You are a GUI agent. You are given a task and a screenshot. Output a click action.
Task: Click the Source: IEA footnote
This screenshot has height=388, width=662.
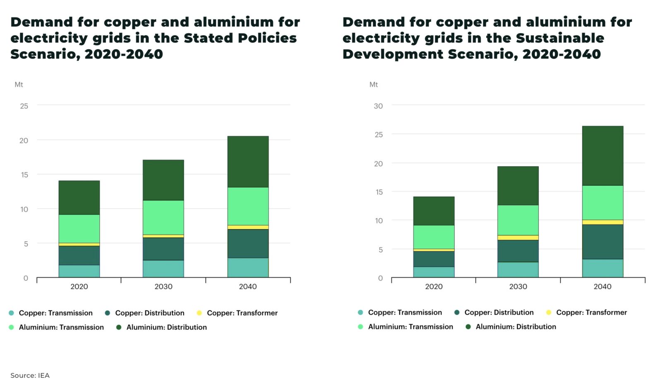(x=30, y=375)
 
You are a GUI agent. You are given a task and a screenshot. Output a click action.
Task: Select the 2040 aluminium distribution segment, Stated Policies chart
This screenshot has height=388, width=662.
(x=248, y=162)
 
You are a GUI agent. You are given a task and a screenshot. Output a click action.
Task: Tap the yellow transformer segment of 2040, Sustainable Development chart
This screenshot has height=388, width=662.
(x=602, y=222)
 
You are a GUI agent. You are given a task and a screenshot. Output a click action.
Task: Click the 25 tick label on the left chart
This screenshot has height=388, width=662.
(x=24, y=106)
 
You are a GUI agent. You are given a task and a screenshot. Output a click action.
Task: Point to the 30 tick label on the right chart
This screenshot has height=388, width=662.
(x=378, y=106)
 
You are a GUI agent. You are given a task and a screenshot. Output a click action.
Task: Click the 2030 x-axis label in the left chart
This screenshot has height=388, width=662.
(x=163, y=286)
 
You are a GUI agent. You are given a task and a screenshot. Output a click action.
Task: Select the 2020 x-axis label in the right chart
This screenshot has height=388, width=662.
(x=434, y=286)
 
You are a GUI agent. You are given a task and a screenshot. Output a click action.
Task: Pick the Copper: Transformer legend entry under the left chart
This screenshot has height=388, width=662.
(x=242, y=313)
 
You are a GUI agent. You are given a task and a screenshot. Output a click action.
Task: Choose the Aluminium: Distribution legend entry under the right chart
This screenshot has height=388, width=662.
(x=516, y=327)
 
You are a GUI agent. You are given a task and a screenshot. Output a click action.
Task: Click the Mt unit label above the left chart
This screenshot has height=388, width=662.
(x=19, y=85)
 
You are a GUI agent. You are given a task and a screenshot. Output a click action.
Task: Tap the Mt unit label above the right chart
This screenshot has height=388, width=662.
(x=374, y=85)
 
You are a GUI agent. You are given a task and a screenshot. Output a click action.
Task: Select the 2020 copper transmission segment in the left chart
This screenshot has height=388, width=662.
(x=79, y=271)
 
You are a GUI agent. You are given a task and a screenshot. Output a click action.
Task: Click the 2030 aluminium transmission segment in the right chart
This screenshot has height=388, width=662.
(x=518, y=220)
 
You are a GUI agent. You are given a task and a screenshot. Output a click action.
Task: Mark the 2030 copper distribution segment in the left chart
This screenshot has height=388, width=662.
(x=163, y=249)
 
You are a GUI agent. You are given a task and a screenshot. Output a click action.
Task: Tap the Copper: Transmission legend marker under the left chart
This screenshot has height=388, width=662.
(x=12, y=313)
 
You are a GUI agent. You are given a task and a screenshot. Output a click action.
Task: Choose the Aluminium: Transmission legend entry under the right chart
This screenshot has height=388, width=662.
(x=410, y=327)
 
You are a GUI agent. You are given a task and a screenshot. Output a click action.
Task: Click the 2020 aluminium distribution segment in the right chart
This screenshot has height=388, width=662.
(x=434, y=211)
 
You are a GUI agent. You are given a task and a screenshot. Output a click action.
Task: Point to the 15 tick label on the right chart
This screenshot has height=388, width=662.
(x=379, y=192)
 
